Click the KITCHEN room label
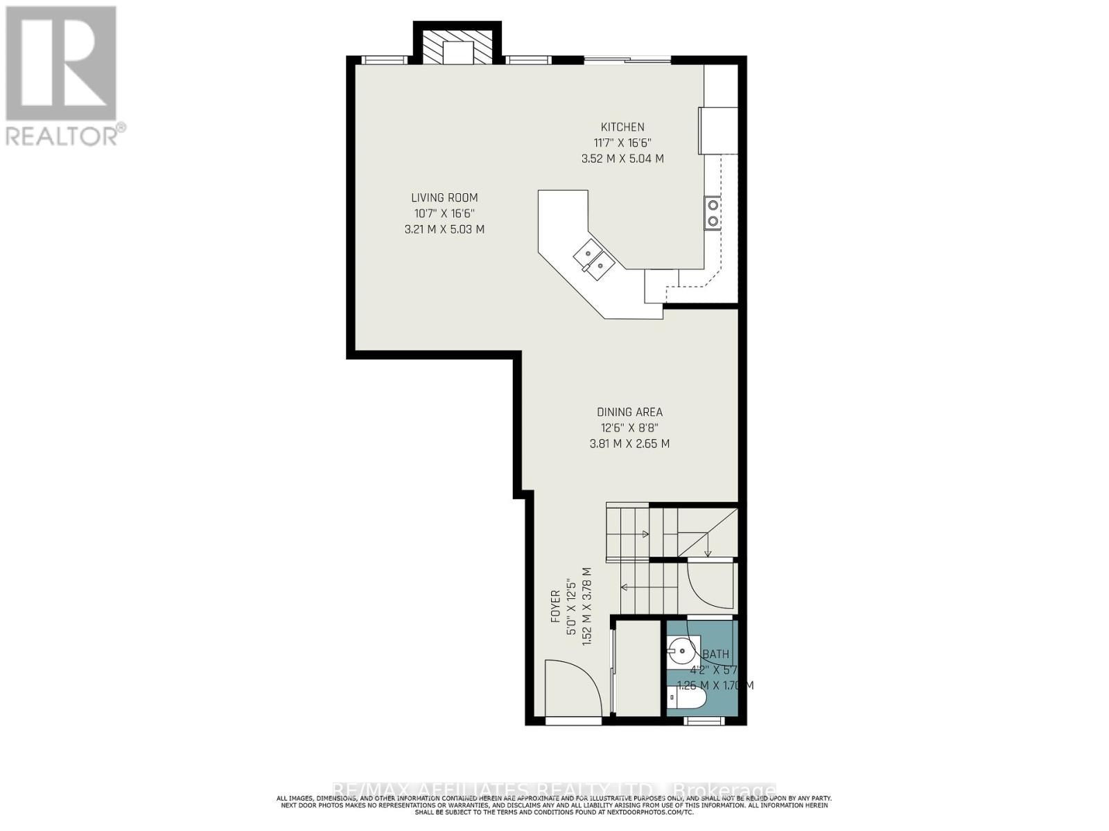[x=622, y=127]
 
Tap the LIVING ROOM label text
[x=444, y=198]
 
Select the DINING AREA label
[x=629, y=412]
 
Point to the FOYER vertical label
[x=555, y=607]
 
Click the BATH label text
[x=715, y=654]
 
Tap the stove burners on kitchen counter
[x=713, y=213]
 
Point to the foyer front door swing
[x=573, y=688]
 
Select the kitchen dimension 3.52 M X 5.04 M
[x=622, y=159]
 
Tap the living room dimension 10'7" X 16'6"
[x=444, y=213]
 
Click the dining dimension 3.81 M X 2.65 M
[x=629, y=444]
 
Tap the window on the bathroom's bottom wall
[x=704, y=721]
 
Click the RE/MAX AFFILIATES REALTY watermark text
[x=554, y=790]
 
